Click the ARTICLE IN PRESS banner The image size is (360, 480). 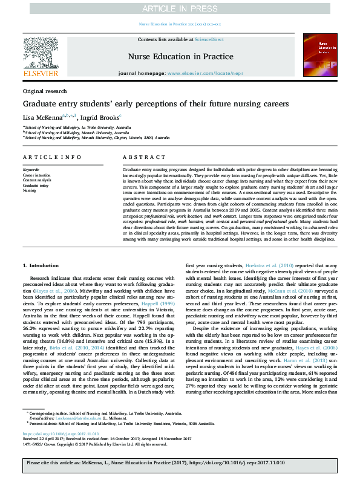point(180,10)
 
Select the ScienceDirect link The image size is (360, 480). point(209,39)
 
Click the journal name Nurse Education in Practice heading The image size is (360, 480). point(180,56)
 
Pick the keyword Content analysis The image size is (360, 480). point(37,180)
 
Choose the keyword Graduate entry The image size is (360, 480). point(35,185)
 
